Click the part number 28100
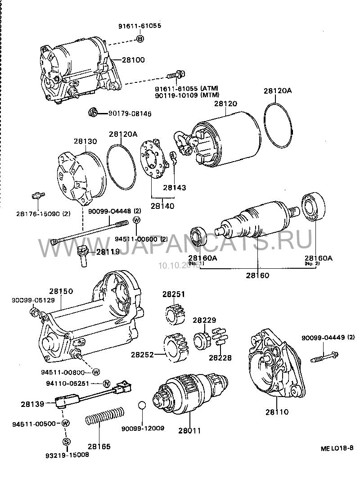[134, 60]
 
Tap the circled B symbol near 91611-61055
[139, 40]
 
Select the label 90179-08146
[129, 114]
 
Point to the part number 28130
[85, 141]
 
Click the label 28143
[174, 188]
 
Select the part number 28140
[162, 206]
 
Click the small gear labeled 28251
[174, 313]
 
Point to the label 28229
[204, 320]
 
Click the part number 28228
[220, 358]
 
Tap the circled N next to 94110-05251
[107, 384]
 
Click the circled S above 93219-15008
[66, 441]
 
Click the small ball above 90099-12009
[141, 405]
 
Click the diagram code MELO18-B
[337, 449]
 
